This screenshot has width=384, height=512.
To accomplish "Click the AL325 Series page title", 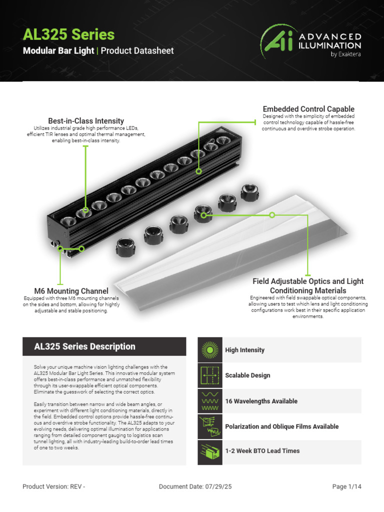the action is (x=69, y=34).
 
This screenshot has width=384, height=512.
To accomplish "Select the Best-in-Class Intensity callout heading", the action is (x=86, y=121).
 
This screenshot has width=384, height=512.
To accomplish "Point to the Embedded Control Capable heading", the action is (x=308, y=109).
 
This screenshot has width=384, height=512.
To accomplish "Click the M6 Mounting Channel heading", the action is (x=71, y=291).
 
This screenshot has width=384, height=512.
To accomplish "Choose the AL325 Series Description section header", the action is (x=84, y=346).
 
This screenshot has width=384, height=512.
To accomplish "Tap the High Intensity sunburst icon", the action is (x=210, y=350).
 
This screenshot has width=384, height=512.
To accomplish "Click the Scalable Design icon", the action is (x=210, y=375).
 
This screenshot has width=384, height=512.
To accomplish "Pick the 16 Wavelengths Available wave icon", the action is (x=210, y=401).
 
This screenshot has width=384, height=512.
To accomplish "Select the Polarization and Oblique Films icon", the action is (x=210, y=426).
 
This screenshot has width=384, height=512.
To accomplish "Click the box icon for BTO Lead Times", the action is (x=210, y=451).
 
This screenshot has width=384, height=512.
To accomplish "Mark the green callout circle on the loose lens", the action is (x=204, y=215).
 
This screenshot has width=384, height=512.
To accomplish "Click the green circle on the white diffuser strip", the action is (x=272, y=215).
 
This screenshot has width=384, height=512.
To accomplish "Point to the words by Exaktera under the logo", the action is (x=345, y=54).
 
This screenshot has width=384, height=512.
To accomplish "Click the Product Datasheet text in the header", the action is (x=137, y=51).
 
